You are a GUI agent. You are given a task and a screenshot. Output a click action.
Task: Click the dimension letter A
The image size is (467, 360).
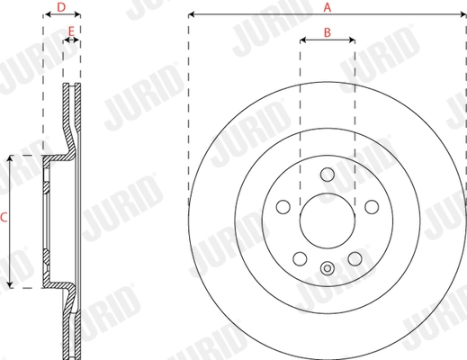point(328,7)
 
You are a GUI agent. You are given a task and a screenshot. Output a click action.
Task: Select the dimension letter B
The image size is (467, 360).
point(328,32)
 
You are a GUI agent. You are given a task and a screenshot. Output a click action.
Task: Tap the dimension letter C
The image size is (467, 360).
point(4,217)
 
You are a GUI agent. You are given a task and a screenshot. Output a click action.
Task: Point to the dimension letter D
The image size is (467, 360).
point(61,7)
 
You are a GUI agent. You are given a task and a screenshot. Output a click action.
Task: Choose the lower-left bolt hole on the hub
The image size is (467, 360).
point(300,257)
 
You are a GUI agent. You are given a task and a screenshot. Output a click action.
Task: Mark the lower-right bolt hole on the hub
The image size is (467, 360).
point(355,257)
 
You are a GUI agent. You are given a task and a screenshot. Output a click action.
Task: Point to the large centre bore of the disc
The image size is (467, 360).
point(328,220)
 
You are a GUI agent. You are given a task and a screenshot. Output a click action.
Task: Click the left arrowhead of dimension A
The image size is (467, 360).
point(192,15)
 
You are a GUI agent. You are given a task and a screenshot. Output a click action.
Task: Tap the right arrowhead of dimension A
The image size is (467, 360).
point(463,15)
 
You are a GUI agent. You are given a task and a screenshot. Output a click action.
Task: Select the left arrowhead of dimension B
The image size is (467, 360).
point(301,40)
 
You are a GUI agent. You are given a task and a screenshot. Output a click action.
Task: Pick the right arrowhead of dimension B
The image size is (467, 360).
point(354,40)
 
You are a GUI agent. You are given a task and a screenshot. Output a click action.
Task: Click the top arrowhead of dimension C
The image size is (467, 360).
point(12,157)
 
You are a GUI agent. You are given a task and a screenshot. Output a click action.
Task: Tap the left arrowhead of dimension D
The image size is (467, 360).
point(45,15)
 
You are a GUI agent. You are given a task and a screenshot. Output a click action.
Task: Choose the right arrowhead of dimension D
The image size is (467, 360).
point(79,15)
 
